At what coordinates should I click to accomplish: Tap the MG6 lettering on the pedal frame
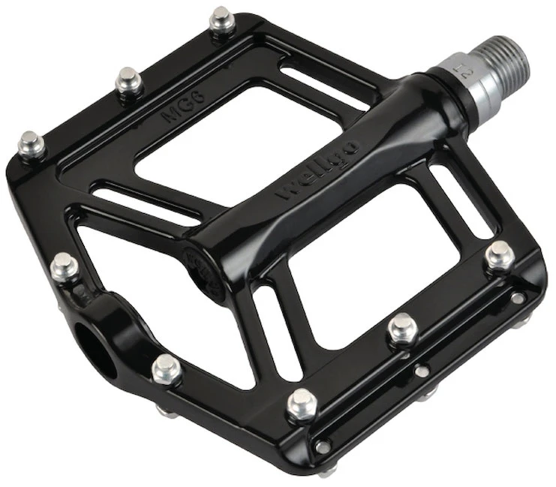(179, 113)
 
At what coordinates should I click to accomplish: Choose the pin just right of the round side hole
(166, 368)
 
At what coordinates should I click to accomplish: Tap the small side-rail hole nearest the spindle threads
(517, 299)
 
